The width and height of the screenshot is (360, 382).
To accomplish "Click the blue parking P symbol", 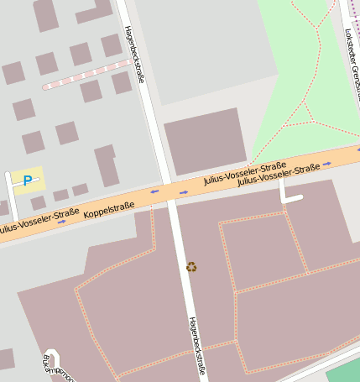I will coord(28,180).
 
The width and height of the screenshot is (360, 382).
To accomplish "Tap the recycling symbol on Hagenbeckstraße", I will coord(192,267).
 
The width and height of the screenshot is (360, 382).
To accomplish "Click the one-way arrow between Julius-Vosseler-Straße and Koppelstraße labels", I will coord(62,221).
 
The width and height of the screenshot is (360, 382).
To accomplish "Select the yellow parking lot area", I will coord(28,181).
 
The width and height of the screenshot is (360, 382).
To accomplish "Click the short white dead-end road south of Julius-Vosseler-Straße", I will coord(288,193).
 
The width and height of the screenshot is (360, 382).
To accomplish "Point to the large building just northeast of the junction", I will coord(206,140).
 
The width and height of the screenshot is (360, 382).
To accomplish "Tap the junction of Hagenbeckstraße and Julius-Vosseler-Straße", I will coord(168,192).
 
